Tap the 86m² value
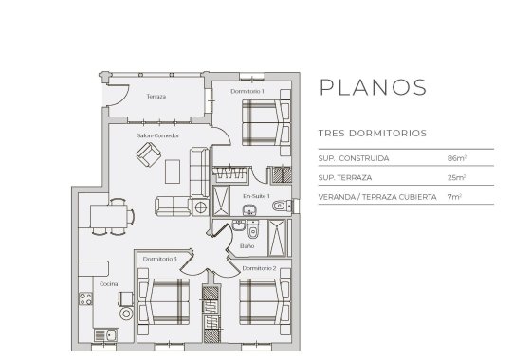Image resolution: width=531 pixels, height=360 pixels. (456, 157)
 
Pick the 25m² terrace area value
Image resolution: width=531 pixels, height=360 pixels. (456, 177)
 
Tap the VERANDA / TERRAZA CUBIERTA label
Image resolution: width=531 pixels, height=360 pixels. (377, 197)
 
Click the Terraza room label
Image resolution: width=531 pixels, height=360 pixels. (156, 98)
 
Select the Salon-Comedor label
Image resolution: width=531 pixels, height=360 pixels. (158, 135)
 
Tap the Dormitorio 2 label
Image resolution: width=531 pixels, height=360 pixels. (259, 268)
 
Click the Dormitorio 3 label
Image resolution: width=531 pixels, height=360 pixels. (160, 259)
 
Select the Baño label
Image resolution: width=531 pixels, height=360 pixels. (247, 245)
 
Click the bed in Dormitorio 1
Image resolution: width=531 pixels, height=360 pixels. (262, 122)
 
